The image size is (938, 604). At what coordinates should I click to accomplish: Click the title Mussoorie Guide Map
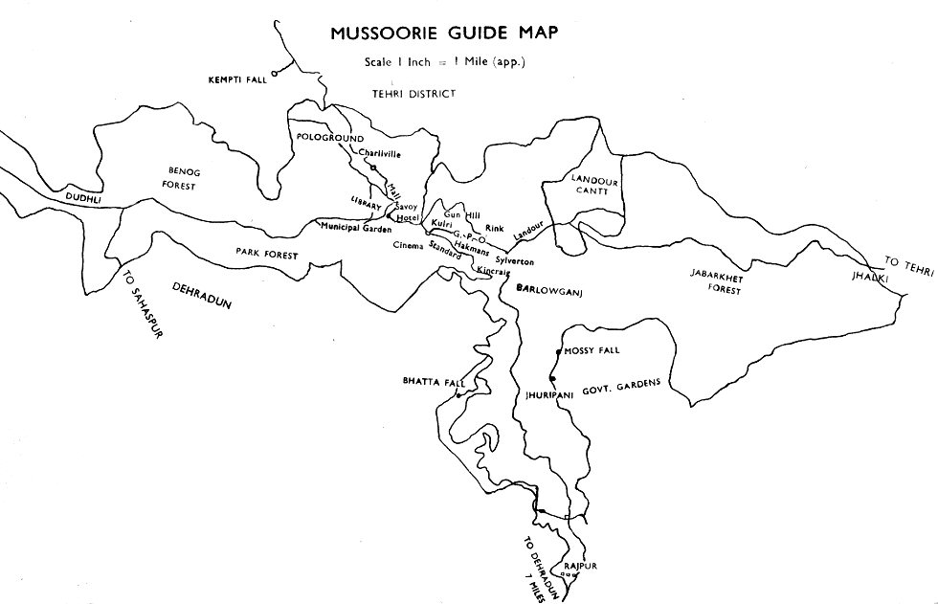point(444,33)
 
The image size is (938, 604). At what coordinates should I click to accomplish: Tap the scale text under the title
point(444,62)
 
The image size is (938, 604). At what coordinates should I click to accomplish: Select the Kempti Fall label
point(236,78)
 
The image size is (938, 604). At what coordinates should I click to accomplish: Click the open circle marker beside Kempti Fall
point(275,72)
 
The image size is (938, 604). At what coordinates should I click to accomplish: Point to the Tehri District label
point(413,93)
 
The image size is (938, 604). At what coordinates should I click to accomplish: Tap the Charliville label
point(379,152)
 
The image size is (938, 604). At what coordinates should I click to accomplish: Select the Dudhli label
point(82,198)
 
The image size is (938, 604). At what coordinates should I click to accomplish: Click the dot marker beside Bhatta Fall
point(459,394)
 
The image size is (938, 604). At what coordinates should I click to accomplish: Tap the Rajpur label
point(581,566)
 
